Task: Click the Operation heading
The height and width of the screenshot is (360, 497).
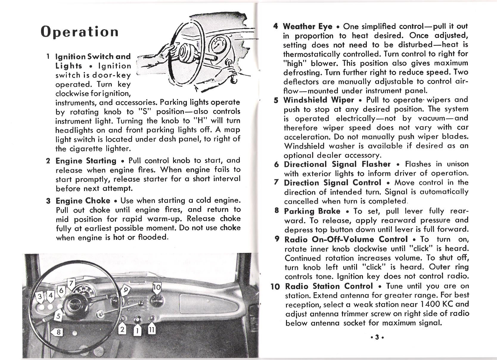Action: tap(80, 32)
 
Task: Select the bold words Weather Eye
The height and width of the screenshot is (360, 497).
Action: tap(307, 27)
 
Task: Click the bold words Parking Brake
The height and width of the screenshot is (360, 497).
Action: tap(312, 211)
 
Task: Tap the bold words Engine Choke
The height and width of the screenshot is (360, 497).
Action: tap(83, 200)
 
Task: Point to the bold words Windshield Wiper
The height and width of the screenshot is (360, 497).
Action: tap(319, 100)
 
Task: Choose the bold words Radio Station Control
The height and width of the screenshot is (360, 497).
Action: tap(329, 286)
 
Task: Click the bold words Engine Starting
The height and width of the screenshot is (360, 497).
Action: tap(86, 161)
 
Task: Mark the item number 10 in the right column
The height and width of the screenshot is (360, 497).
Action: tap(275, 287)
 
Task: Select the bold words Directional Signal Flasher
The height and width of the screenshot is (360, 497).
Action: tap(337, 164)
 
